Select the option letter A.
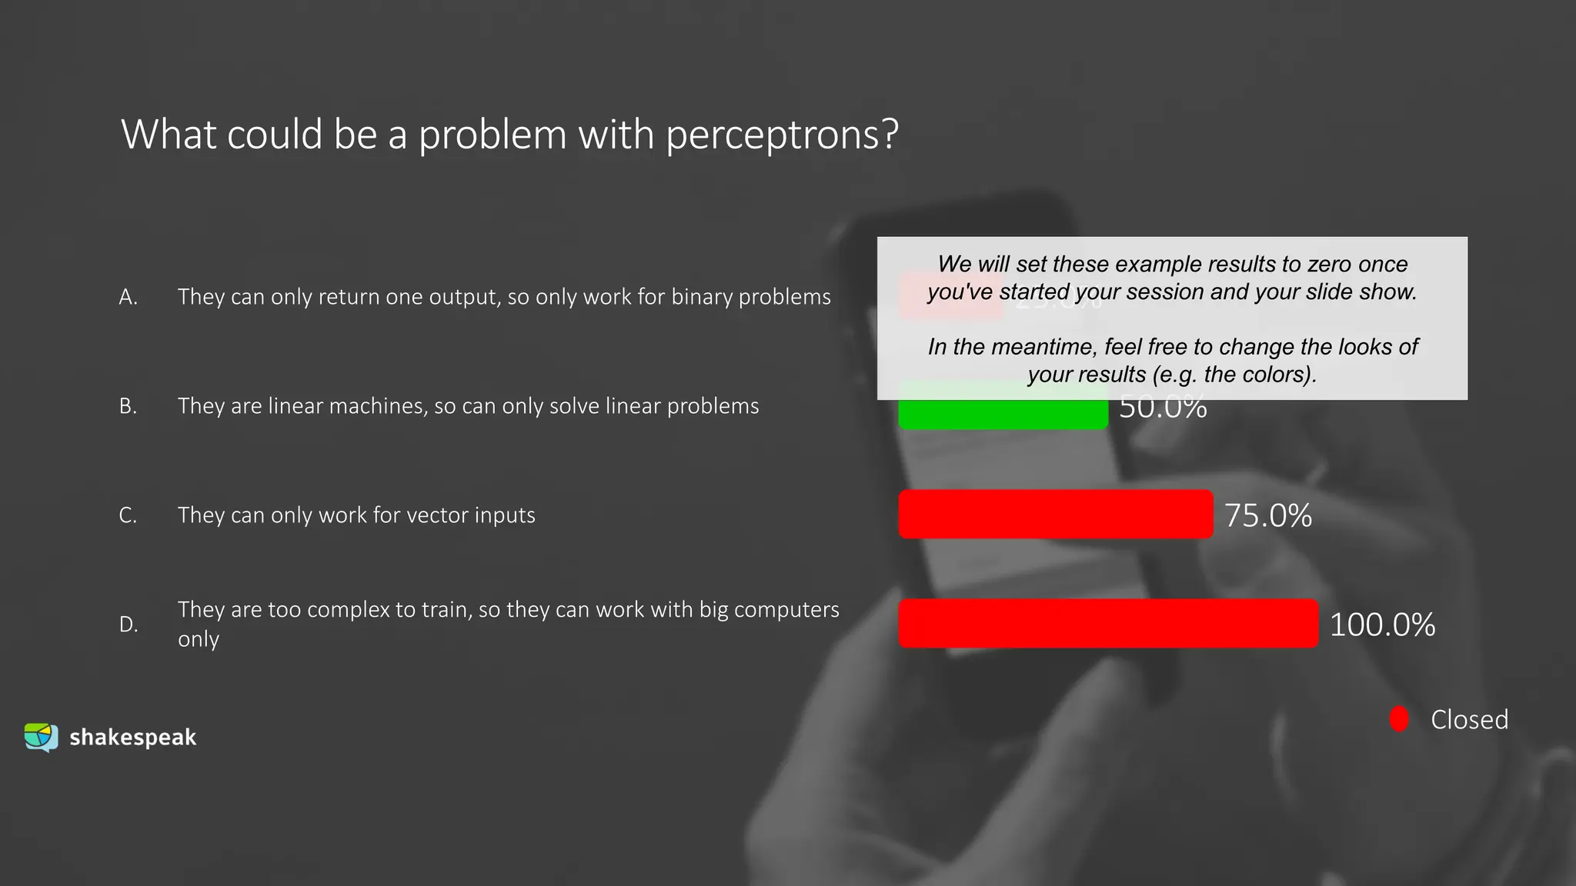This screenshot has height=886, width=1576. pyautogui.click(x=128, y=297)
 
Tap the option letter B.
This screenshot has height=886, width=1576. pyautogui.click(x=128, y=406)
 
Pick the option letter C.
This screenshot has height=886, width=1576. pyautogui.click(x=128, y=515)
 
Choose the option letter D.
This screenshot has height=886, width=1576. pyautogui.click(x=128, y=625)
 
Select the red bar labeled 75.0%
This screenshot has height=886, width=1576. pyautogui.click(x=1055, y=515)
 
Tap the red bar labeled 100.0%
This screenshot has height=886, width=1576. pyautogui.click(x=1108, y=624)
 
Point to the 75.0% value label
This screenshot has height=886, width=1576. pyautogui.click(x=1268, y=515)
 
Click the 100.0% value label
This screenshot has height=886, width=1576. pyautogui.click(x=1382, y=625)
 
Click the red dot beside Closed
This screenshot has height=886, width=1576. pyautogui.click(x=1399, y=719)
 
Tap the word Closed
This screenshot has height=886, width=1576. pyautogui.click(x=1469, y=720)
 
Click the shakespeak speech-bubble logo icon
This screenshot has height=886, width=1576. pyautogui.click(x=41, y=737)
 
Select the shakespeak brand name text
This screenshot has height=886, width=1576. pyautogui.click(x=132, y=738)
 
